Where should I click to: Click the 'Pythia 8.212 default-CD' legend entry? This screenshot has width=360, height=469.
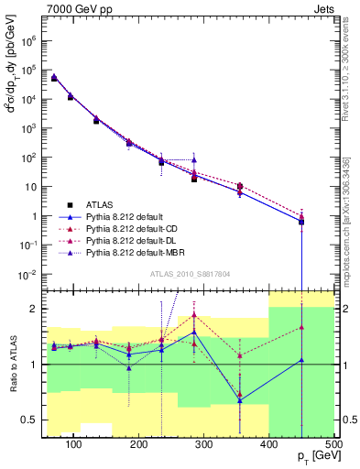(133, 227)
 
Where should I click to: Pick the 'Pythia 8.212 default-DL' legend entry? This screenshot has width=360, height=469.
(133, 239)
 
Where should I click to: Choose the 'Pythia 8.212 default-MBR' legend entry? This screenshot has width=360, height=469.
(135, 251)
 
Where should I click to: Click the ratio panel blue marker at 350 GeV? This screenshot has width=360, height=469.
(239, 400)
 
